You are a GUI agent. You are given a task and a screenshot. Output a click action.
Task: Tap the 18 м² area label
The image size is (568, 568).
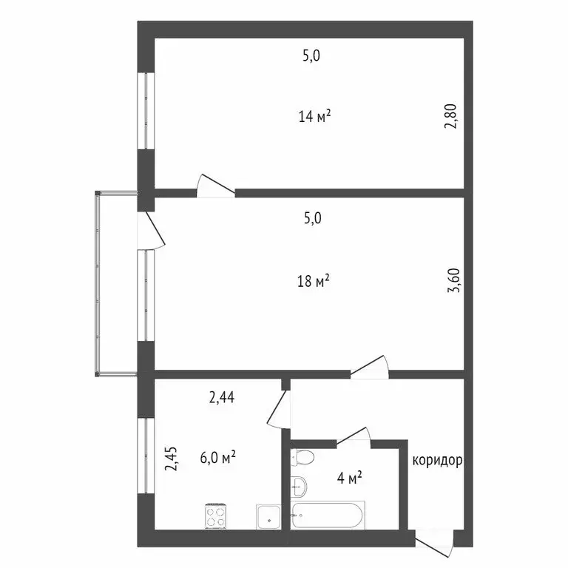314,280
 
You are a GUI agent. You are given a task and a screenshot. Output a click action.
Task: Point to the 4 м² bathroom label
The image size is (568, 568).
350,478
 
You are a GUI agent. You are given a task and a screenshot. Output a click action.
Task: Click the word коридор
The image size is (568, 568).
437,461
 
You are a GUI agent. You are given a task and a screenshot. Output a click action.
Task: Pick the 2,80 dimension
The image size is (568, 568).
450,117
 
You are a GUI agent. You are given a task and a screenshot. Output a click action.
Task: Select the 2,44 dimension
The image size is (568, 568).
221,399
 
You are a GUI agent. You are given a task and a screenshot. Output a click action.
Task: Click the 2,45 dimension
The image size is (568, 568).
172,458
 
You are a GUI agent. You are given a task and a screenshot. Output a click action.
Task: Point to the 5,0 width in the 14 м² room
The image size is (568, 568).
311,55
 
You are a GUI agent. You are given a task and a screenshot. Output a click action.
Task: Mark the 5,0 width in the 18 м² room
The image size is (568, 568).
311,218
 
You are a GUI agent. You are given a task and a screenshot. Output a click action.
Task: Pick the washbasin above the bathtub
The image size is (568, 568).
299,486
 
